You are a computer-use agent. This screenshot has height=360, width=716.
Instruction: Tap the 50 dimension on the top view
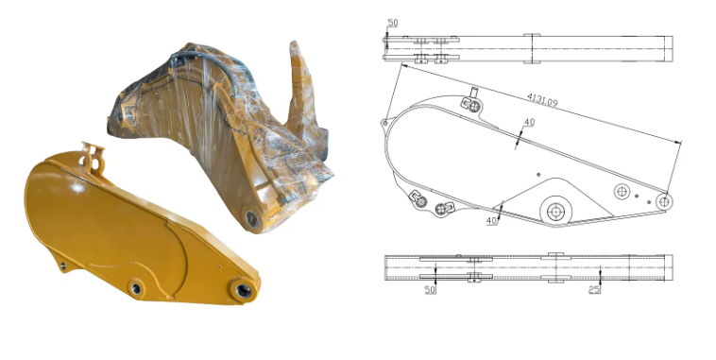point(393,21)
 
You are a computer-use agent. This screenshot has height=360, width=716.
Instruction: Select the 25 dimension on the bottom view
point(594,289)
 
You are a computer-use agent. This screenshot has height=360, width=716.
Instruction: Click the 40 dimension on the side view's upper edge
point(529,122)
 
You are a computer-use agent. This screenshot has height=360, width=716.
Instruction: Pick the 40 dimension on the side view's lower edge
point(491,220)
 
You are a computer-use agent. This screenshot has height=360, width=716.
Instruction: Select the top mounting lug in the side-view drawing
point(469,98)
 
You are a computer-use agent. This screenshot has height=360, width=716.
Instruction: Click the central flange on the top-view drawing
point(531,47)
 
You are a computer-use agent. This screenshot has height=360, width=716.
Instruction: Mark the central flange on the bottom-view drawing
point(554,267)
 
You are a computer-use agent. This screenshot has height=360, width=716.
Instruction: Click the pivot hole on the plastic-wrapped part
point(252,218)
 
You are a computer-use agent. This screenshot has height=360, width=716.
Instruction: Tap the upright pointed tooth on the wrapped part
point(302,85)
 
